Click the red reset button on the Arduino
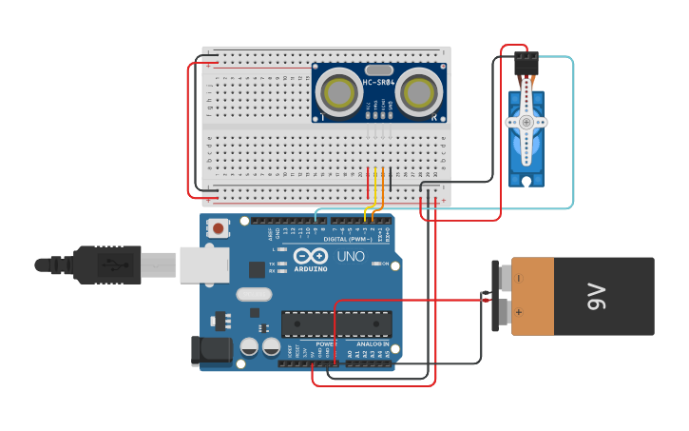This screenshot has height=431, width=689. (220, 228)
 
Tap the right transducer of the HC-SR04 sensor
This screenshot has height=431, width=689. (418, 92)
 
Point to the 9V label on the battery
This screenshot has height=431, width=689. (597, 296)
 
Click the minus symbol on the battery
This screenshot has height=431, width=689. (519, 278)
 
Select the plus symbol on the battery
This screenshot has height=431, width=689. (519, 311)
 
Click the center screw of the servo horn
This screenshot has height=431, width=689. (526, 122)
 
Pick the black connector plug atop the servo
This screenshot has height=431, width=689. (526, 64)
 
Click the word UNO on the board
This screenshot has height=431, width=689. (352, 256)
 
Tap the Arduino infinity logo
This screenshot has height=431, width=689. (311, 256)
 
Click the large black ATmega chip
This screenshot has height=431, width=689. (336, 323)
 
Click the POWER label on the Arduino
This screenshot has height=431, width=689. (326, 343)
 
